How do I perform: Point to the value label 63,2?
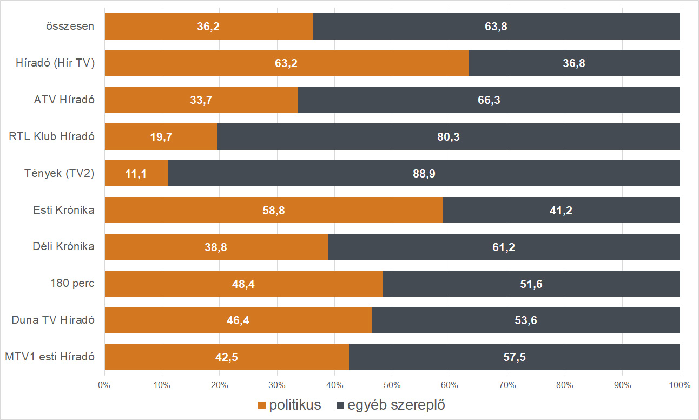coord(286,63)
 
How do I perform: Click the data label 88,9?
coord(424,173)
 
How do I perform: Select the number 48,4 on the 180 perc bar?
coord(243,284)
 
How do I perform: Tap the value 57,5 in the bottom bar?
coord(514,357)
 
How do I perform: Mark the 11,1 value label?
coord(136,173)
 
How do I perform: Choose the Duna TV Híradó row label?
coord(53,320)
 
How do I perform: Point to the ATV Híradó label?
coord(64,100)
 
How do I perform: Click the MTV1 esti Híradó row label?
coord(49,357)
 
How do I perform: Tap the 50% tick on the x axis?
coord(392,386)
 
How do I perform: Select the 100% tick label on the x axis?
coord(680,386)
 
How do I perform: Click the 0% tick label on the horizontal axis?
coord(104,386)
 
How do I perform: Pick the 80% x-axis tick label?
coord(564,386)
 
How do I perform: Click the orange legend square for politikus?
coord(262,405)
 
